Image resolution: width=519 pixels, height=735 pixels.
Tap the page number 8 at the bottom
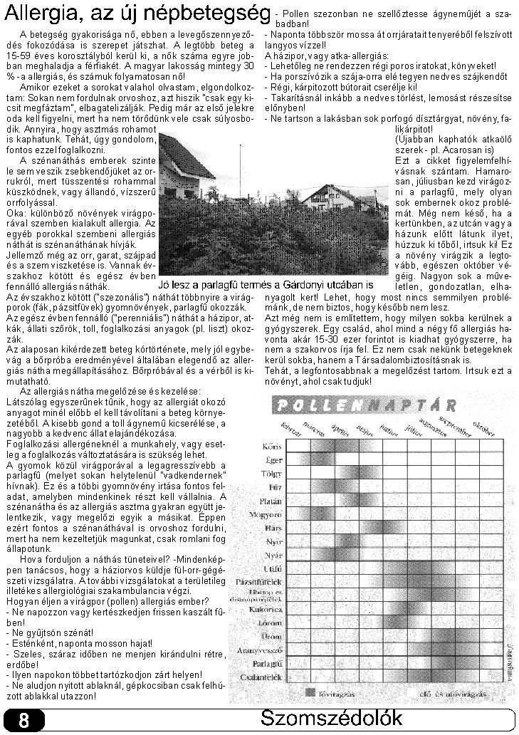[x=23, y=720]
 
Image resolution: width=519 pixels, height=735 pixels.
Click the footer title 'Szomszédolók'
[x=331, y=718]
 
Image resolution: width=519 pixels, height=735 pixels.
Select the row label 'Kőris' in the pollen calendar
[x=273, y=447]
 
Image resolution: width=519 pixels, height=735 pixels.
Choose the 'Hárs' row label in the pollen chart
[x=273, y=528]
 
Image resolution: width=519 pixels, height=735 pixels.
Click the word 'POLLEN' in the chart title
[x=310, y=406]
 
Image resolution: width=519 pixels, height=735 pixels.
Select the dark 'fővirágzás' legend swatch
[x=310, y=692]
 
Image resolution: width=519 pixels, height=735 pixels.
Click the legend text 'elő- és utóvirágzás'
[x=443, y=692]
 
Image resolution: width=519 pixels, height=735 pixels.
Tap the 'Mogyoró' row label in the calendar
[x=269, y=514]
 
